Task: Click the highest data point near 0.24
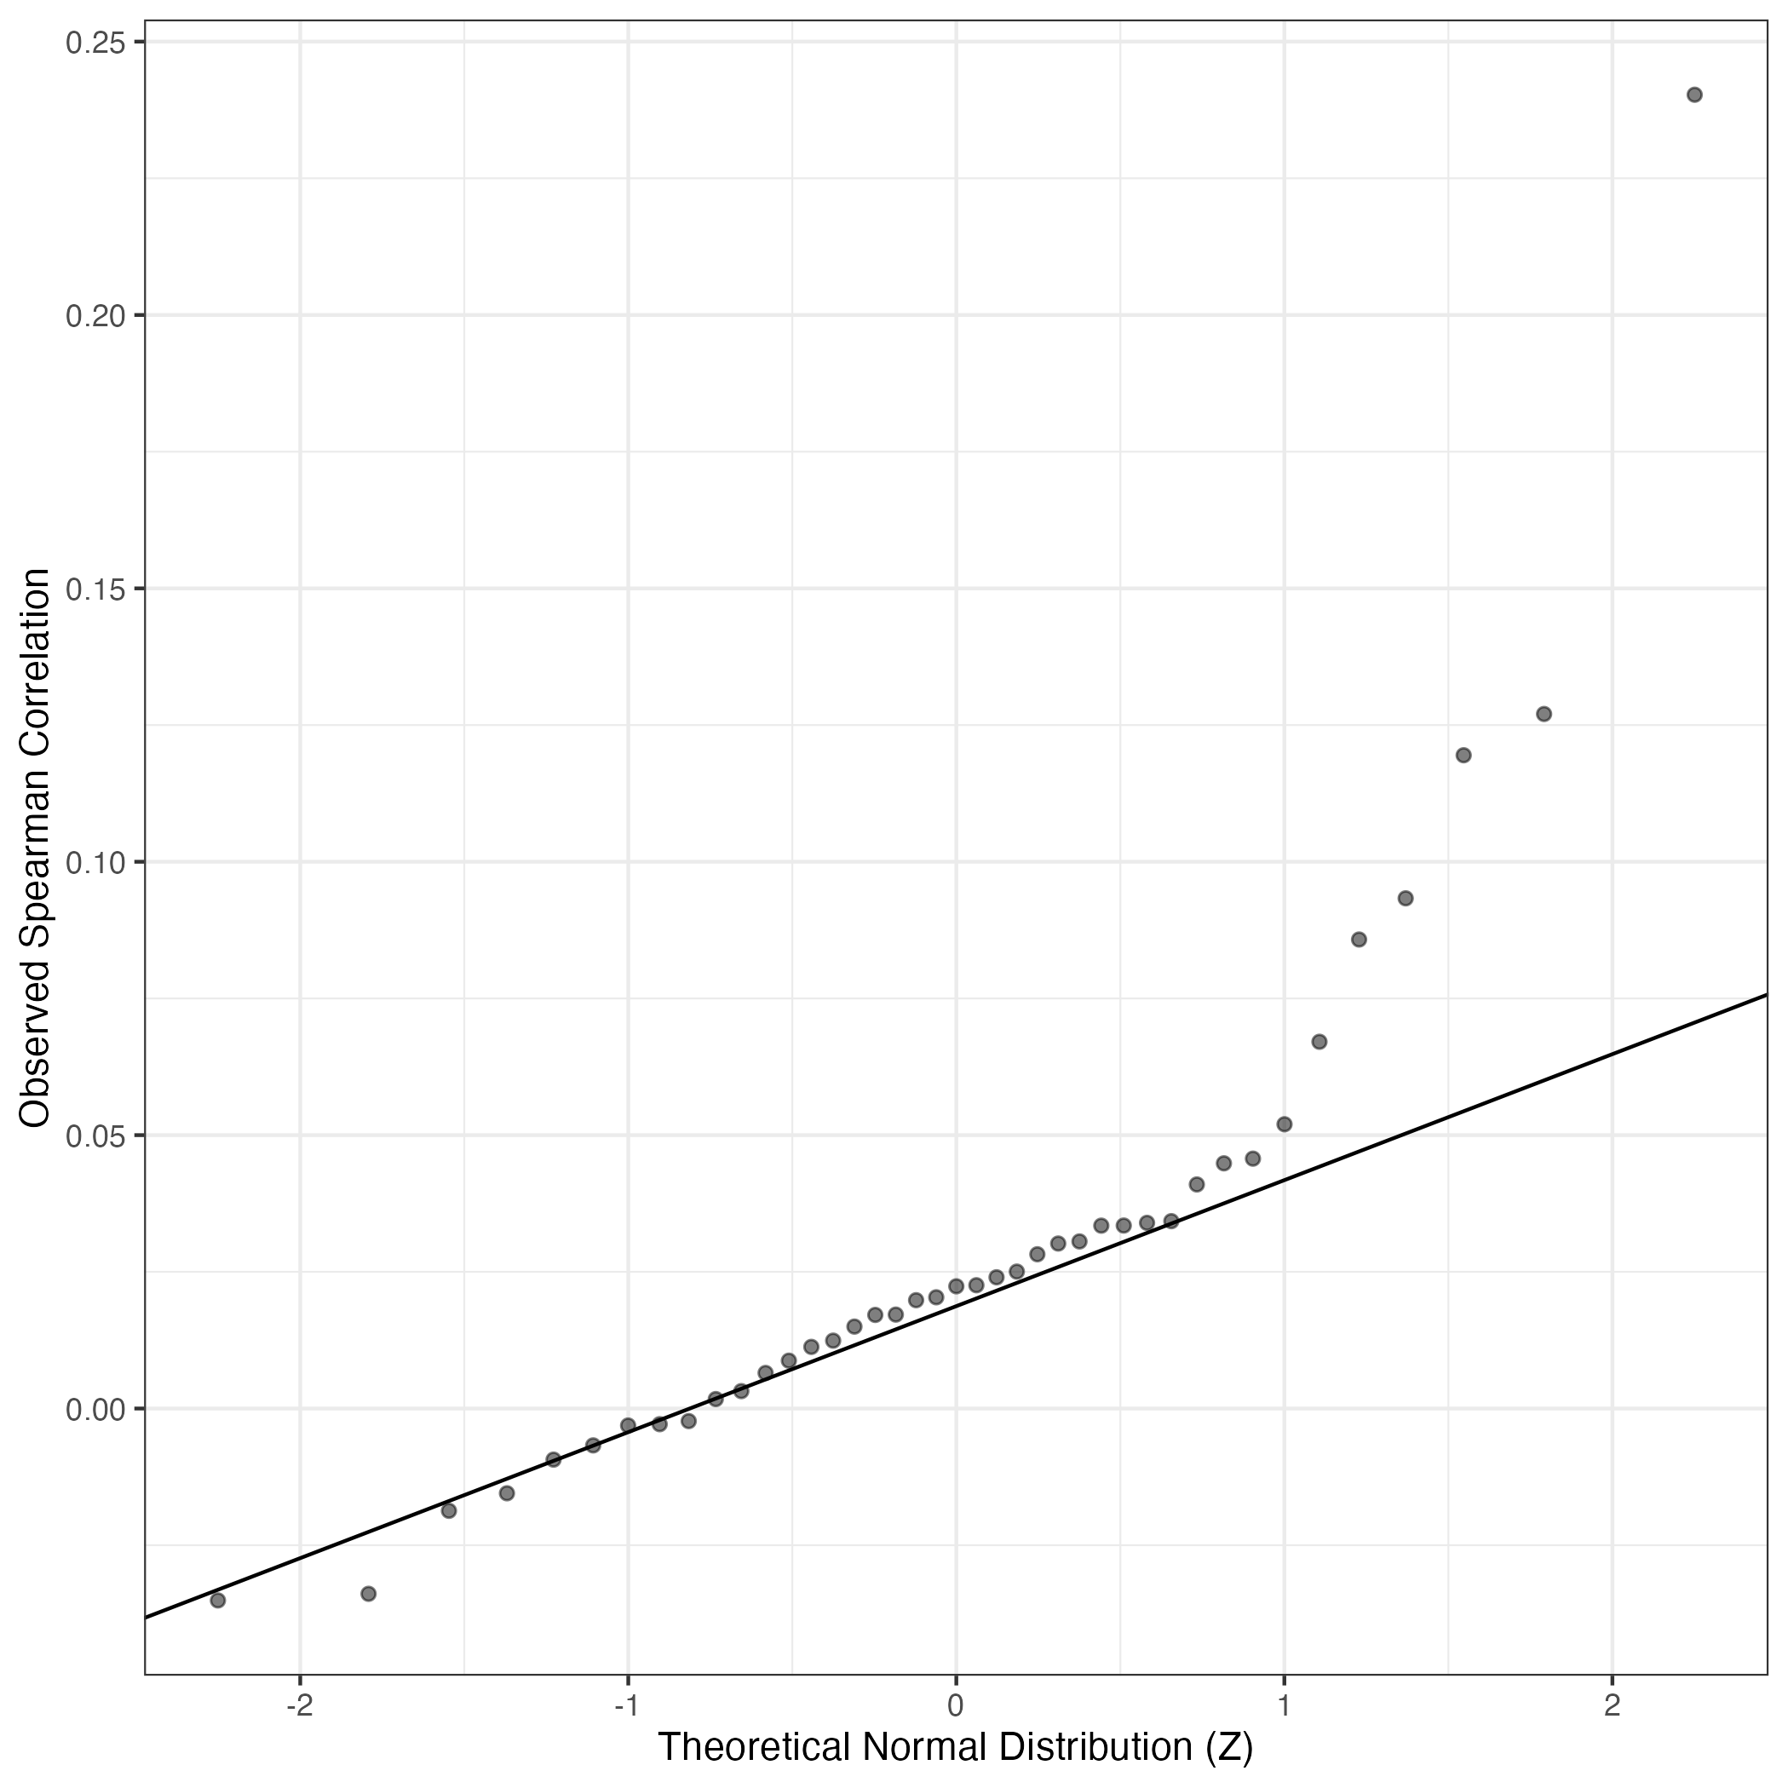click(1694, 95)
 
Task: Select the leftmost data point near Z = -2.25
click(218, 1600)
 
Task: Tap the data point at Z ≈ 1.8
click(1544, 714)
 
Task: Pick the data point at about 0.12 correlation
click(1463, 756)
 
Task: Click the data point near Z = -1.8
click(368, 1594)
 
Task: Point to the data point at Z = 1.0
click(1284, 1124)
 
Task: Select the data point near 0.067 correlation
click(1319, 1041)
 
